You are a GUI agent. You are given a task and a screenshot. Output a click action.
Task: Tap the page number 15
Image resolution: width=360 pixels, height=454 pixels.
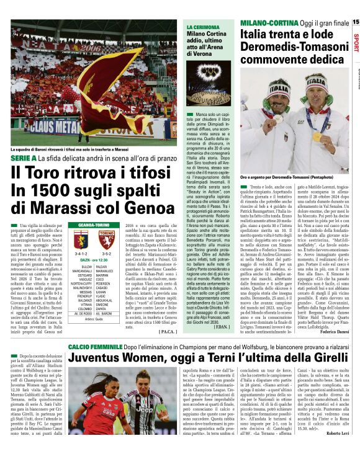(355, 22)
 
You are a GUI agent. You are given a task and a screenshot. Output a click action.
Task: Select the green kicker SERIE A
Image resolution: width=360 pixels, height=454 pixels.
(24, 159)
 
